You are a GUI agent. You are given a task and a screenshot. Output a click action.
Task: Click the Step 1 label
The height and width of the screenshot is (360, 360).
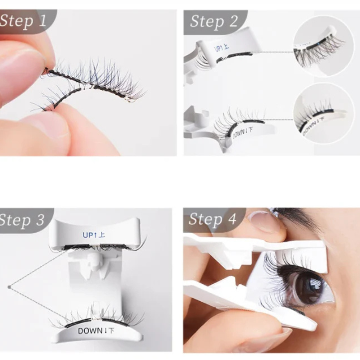click(23, 21)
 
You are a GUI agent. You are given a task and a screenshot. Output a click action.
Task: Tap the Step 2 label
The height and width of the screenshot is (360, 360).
click(214, 21)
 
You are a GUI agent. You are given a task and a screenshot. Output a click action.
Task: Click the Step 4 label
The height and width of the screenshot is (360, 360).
click(212, 219)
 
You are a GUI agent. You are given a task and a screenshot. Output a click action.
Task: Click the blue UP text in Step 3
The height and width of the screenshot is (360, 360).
click(94, 235)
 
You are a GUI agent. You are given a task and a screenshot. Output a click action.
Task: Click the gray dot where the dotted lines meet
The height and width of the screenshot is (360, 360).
click(9, 287)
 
